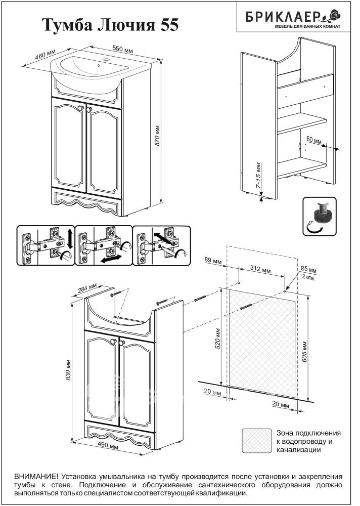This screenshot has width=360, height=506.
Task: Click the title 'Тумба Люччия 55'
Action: (x=110, y=25)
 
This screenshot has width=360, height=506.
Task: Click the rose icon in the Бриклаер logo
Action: (x=335, y=15)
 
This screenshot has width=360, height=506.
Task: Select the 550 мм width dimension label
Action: (x=122, y=50)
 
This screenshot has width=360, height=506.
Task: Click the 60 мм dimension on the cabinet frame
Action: (x=313, y=140)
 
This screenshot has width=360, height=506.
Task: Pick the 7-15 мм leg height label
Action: (x=258, y=176)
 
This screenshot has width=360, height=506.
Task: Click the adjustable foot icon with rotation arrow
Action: (x=320, y=217)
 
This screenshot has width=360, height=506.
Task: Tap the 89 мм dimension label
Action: (x=213, y=261)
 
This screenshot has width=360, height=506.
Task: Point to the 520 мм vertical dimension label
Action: (x=217, y=339)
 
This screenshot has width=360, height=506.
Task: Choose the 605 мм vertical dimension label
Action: (x=304, y=351)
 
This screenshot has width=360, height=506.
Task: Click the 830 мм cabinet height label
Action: (x=68, y=369)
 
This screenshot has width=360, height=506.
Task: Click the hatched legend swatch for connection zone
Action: (x=257, y=441)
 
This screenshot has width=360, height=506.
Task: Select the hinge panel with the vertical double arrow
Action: (x=46, y=245)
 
